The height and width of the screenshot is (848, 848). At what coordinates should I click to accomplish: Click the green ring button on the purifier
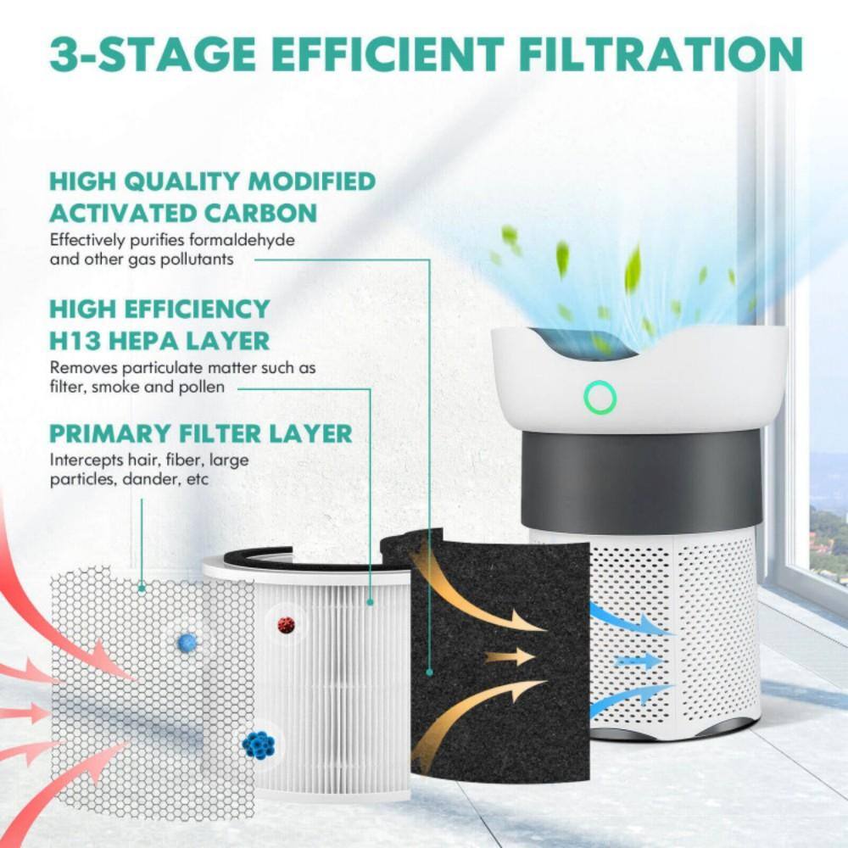click(600, 396)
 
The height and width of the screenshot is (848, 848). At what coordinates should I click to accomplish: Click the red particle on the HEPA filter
click(287, 625)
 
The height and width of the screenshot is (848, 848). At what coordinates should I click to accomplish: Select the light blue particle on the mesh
click(187, 642)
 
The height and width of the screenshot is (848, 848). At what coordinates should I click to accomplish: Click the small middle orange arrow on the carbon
click(509, 656)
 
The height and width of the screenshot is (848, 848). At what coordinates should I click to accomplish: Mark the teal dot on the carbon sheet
click(430, 672)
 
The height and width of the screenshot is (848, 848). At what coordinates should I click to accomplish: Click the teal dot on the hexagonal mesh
click(141, 586)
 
